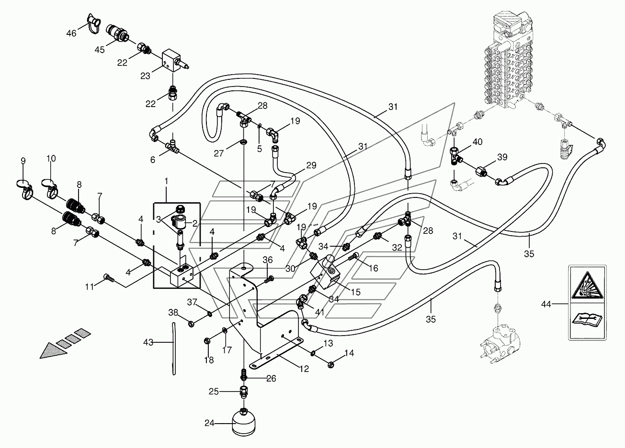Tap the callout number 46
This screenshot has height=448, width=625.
(71, 33)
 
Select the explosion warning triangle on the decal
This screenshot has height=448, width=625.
(587, 285)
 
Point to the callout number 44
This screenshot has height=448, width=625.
(546, 304)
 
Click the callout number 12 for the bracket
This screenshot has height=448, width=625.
(304, 369)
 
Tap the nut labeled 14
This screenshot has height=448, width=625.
(331, 364)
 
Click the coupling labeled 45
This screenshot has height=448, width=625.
(118, 33)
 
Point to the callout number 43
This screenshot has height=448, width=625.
(148, 342)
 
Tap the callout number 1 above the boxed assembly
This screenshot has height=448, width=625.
(166, 181)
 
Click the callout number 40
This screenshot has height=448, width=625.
(477, 142)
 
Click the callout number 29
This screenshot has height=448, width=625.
(311, 165)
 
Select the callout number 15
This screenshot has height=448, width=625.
(356, 292)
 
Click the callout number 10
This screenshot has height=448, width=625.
(51, 158)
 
